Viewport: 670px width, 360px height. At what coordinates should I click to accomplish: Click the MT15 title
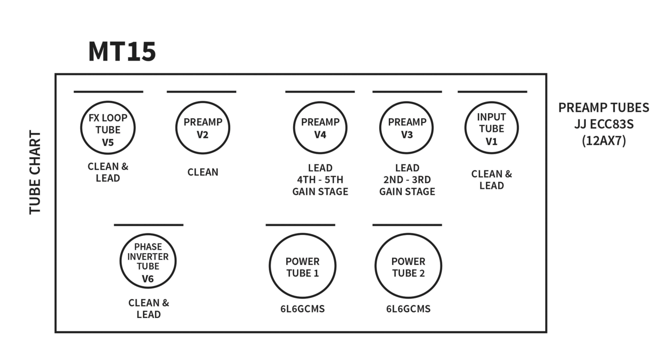(122, 52)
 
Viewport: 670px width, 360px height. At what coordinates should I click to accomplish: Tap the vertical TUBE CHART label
(35, 172)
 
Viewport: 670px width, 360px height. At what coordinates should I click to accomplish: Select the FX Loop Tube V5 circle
(108, 101)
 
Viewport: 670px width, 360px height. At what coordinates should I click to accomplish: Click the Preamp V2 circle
(203, 102)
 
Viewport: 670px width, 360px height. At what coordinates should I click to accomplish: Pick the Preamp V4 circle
(320, 102)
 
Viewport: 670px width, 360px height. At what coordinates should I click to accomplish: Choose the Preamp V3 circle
(407, 102)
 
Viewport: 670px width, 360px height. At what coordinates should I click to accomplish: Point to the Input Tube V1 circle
(492, 102)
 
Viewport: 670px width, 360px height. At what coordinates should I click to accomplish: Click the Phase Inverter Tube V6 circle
(148, 234)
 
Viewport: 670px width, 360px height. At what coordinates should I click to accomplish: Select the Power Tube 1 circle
(303, 234)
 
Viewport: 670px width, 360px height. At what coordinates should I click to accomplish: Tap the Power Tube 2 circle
(409, 234)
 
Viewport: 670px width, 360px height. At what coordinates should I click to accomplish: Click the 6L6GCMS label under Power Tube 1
(303, 309)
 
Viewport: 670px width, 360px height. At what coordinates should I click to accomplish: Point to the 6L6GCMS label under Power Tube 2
(409, 309)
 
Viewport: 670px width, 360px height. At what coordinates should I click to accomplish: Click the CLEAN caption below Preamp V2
(203, 172)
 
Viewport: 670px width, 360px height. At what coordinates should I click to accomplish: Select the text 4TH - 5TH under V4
(320, 180)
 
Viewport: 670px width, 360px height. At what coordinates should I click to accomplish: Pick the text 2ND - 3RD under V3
(407, 180)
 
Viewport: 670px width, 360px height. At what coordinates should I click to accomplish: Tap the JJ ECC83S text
(604, 124)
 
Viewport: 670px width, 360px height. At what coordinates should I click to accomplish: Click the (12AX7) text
(604, 141)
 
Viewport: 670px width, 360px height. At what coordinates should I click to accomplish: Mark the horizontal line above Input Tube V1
(492, 92)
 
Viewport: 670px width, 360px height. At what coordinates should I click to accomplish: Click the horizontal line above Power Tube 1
(301, 225)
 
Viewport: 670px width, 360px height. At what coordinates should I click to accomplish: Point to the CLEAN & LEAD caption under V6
(148, 309)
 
